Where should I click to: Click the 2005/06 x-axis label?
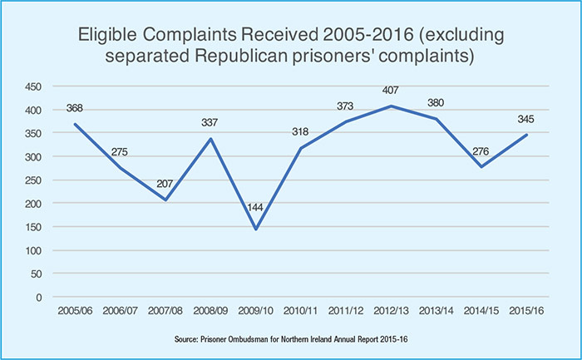point(77,310)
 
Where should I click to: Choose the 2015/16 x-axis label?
point(525,310)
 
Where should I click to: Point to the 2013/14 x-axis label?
point(436,310)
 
